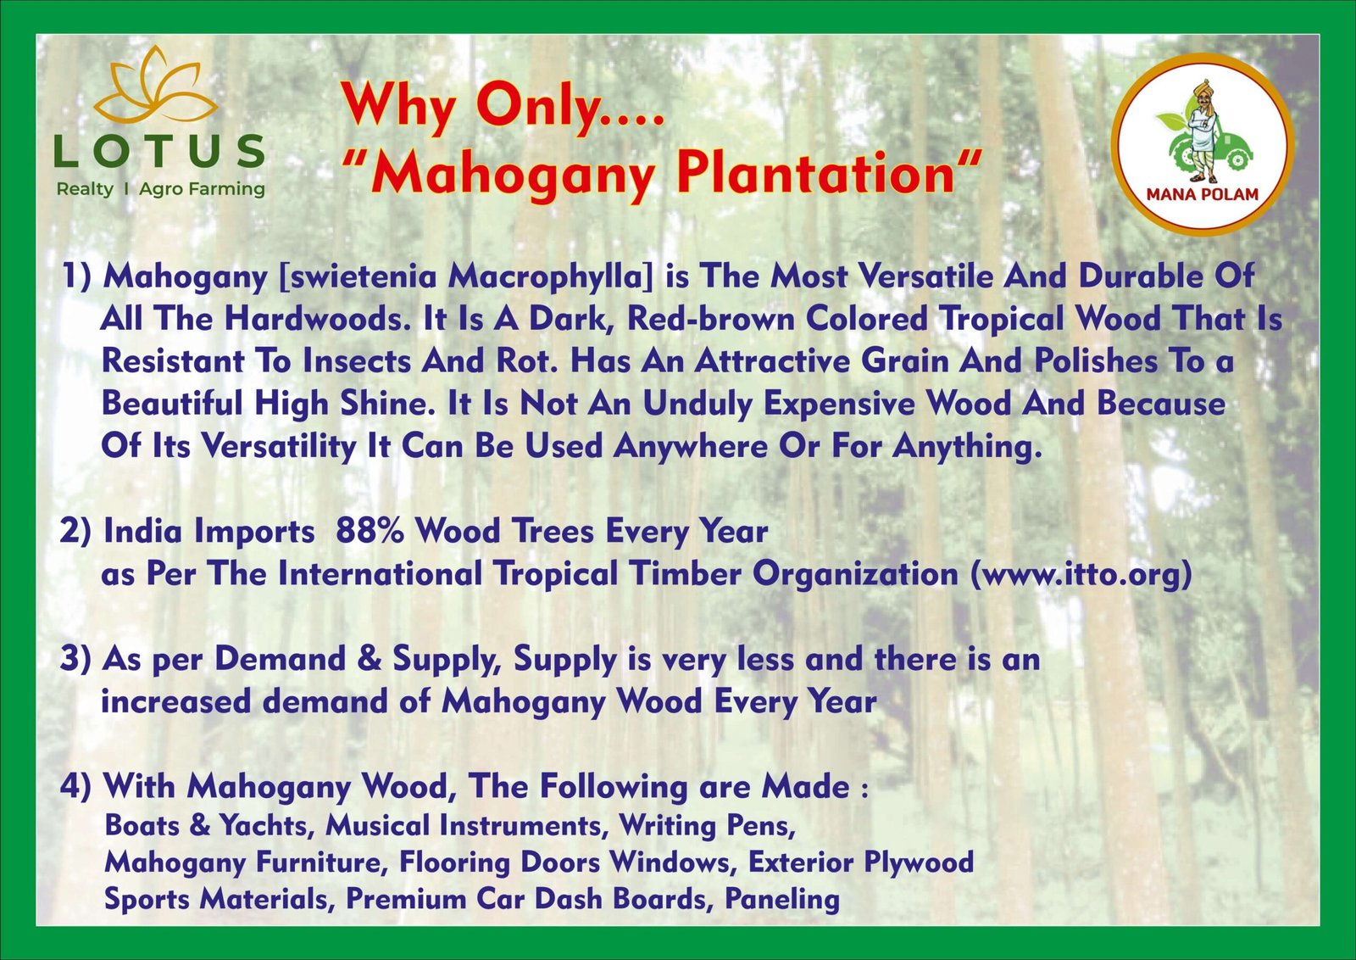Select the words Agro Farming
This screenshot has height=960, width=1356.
(203, 190)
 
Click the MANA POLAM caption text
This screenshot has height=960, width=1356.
(1203, 194)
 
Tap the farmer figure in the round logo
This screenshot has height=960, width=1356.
(1203, 131)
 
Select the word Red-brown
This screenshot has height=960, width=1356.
(710, 319)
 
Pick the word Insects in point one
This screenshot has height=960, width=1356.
(355, 361)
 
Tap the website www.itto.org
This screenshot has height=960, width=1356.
(1081, 574)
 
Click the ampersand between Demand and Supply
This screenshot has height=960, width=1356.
(370, 659)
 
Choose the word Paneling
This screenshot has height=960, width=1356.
(782, 900)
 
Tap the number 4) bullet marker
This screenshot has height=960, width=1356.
(75, 787)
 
